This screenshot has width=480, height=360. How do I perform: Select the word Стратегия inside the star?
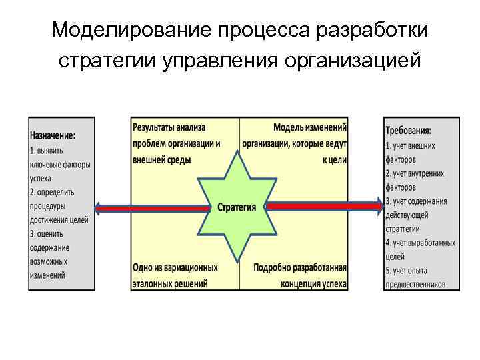(x=237, y=207)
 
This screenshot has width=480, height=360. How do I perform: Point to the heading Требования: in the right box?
(x=409, y=130)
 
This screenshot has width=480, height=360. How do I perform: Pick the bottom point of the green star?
(x=237, y=262)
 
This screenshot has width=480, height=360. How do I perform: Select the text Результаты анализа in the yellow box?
(x=169, y=127)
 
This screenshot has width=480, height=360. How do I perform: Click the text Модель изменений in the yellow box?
(x=310, y=127)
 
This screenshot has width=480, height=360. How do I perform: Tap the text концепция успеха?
(x=313, y=283)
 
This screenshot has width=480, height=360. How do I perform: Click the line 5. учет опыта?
(x=407, y=270)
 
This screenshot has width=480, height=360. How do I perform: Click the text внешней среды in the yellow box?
(x=162, y=160)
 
